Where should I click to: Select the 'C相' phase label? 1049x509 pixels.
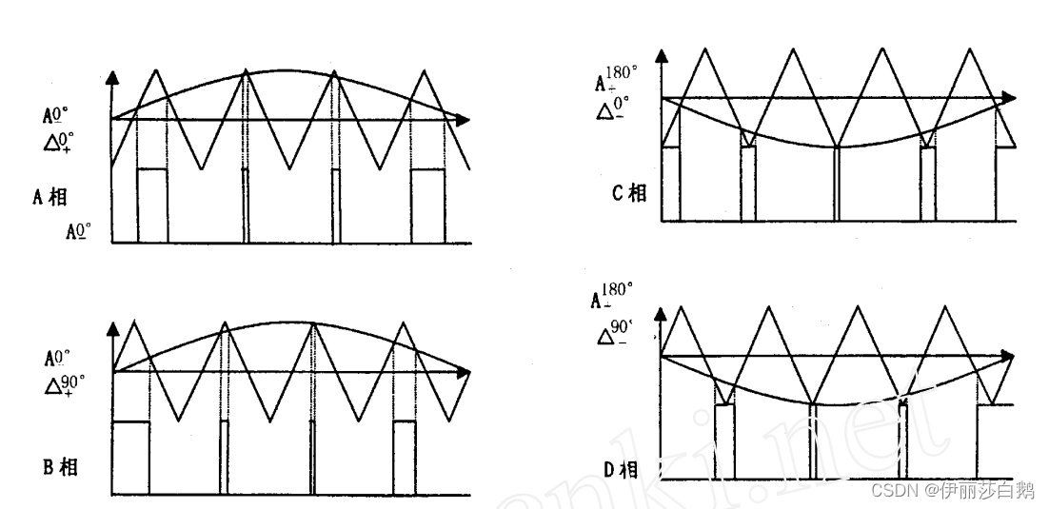coord(629,193)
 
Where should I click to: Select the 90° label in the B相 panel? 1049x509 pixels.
coord(73,382)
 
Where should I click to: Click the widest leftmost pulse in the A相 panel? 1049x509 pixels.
coord(151,205)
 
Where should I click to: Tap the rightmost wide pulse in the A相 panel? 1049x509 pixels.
coord(427,205)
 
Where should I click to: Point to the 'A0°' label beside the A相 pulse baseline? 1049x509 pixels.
coord(79,230)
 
